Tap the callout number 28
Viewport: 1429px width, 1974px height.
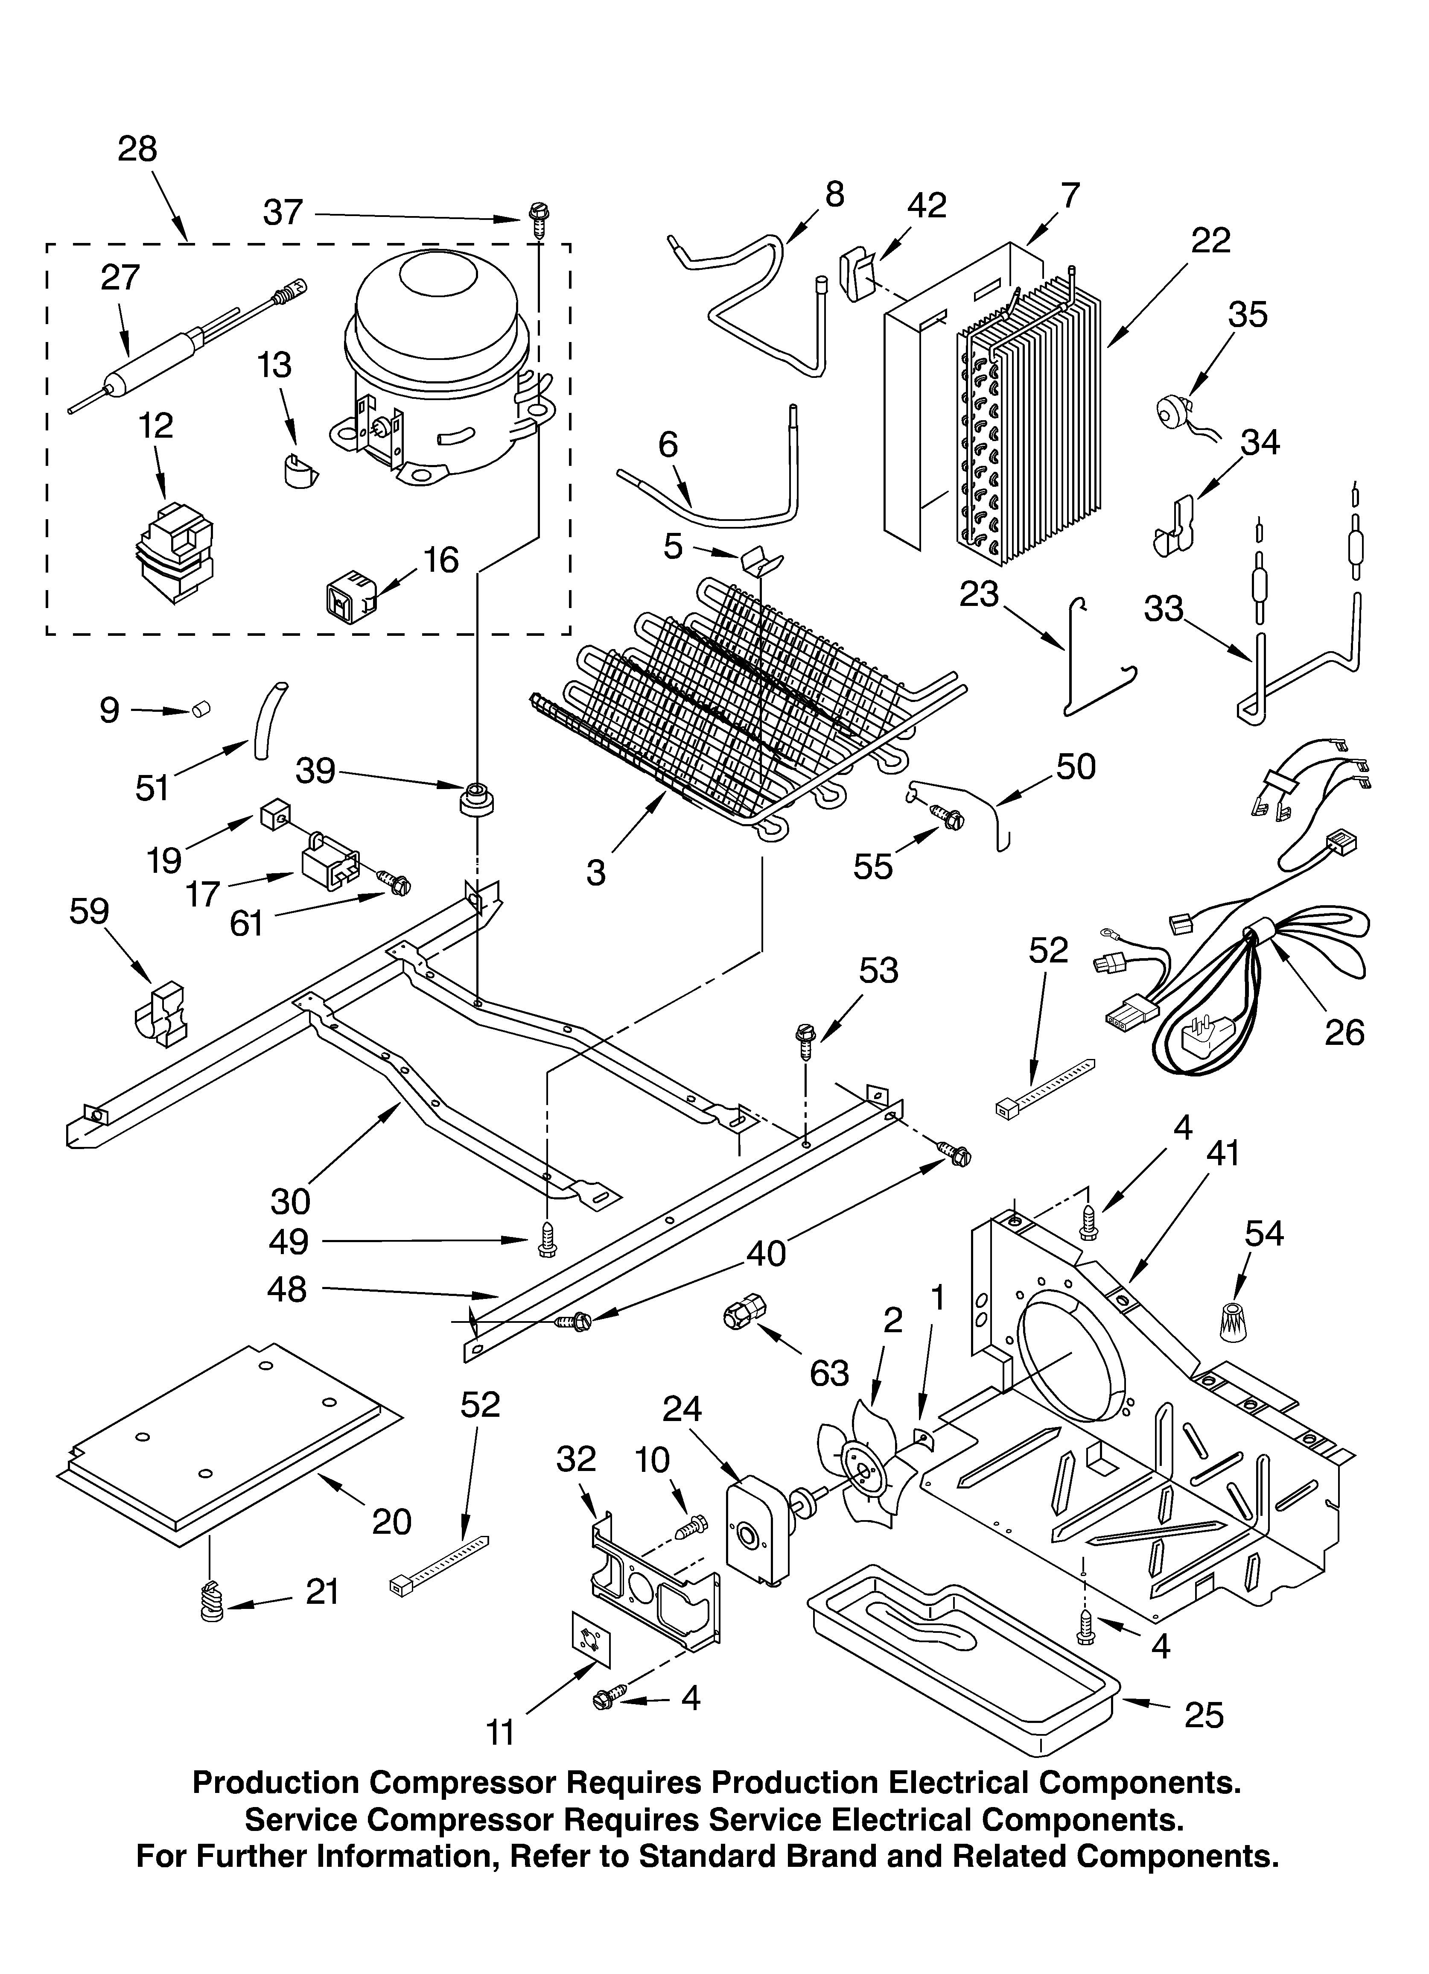137,150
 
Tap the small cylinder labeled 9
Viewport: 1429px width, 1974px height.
202,710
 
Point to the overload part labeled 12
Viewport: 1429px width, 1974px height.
174,553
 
